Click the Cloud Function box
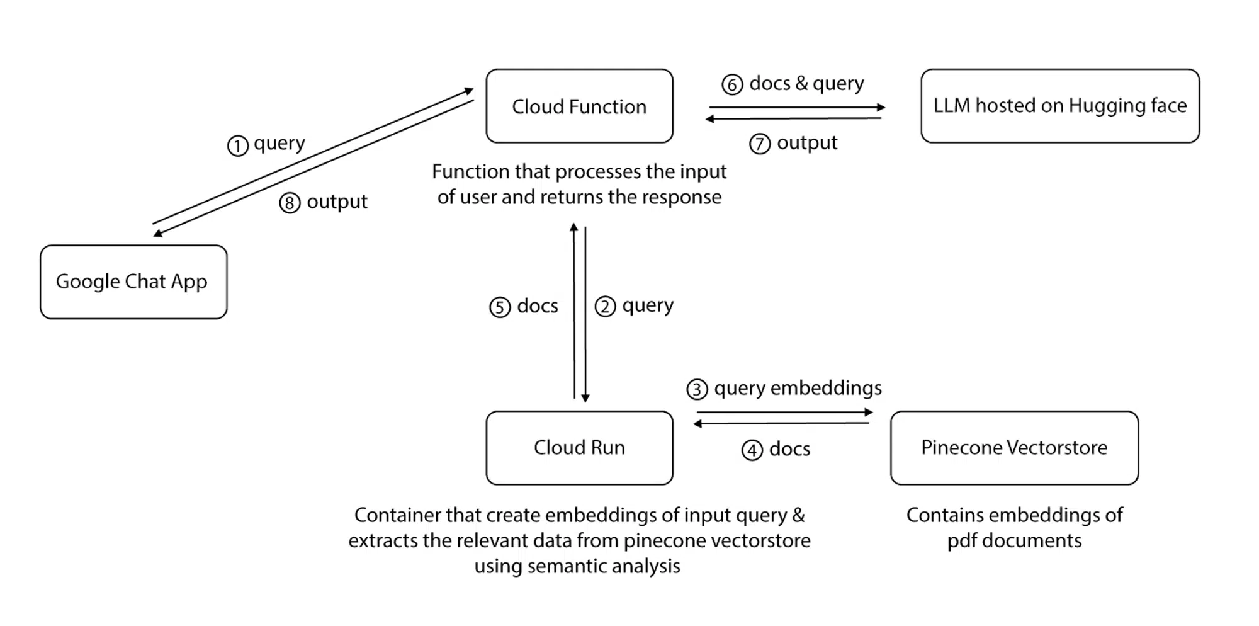[579, 106]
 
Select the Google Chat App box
[133, 282]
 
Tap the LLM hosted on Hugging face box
[1059, 106]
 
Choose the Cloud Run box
[579, 448]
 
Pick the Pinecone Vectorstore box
[1013, 448]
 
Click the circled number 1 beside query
[237, 146]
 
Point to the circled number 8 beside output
[290, 203]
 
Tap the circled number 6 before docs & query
[732, 84]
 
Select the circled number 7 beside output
[760, 144]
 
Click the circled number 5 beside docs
[500, 307]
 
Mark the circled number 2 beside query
[605, 307]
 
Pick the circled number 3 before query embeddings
[697, 389]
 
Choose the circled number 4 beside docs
[752, 450]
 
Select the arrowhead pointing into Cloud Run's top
[585, 397]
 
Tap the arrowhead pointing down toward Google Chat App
[158, 234]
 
